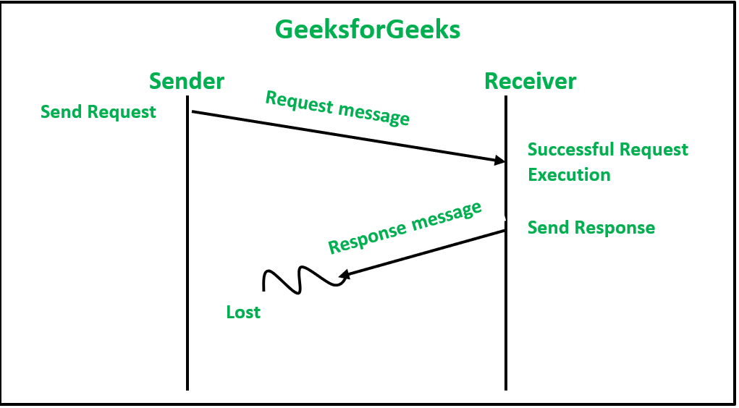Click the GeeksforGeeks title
[x=368, y=30]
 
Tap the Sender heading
[x=187, y=80]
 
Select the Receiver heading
[x=531, y=80]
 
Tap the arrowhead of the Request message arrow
[x=499, y=160]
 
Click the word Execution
[x=569, y=175]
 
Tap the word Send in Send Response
[x=546, y=228]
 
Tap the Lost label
[x=243, y=313]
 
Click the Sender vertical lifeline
[x=187, y=326]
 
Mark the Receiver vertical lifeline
[x=505, y=326]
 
